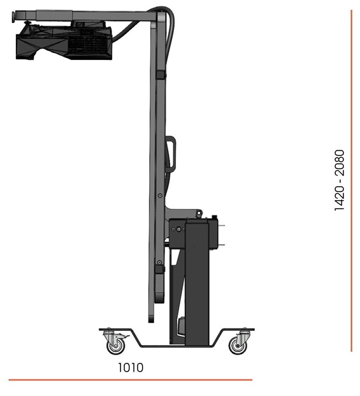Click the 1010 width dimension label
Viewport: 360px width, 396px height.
[131, 368]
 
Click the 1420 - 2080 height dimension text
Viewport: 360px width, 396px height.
[340, 180]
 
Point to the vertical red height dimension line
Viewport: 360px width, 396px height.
[352, 180]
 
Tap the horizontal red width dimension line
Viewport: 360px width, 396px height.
[131, 379]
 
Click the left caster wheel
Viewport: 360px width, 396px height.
[116, 346]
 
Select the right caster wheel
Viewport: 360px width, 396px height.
[238, 346]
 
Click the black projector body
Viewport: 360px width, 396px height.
[64, 41]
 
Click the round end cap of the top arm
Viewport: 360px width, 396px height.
[12, 17]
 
